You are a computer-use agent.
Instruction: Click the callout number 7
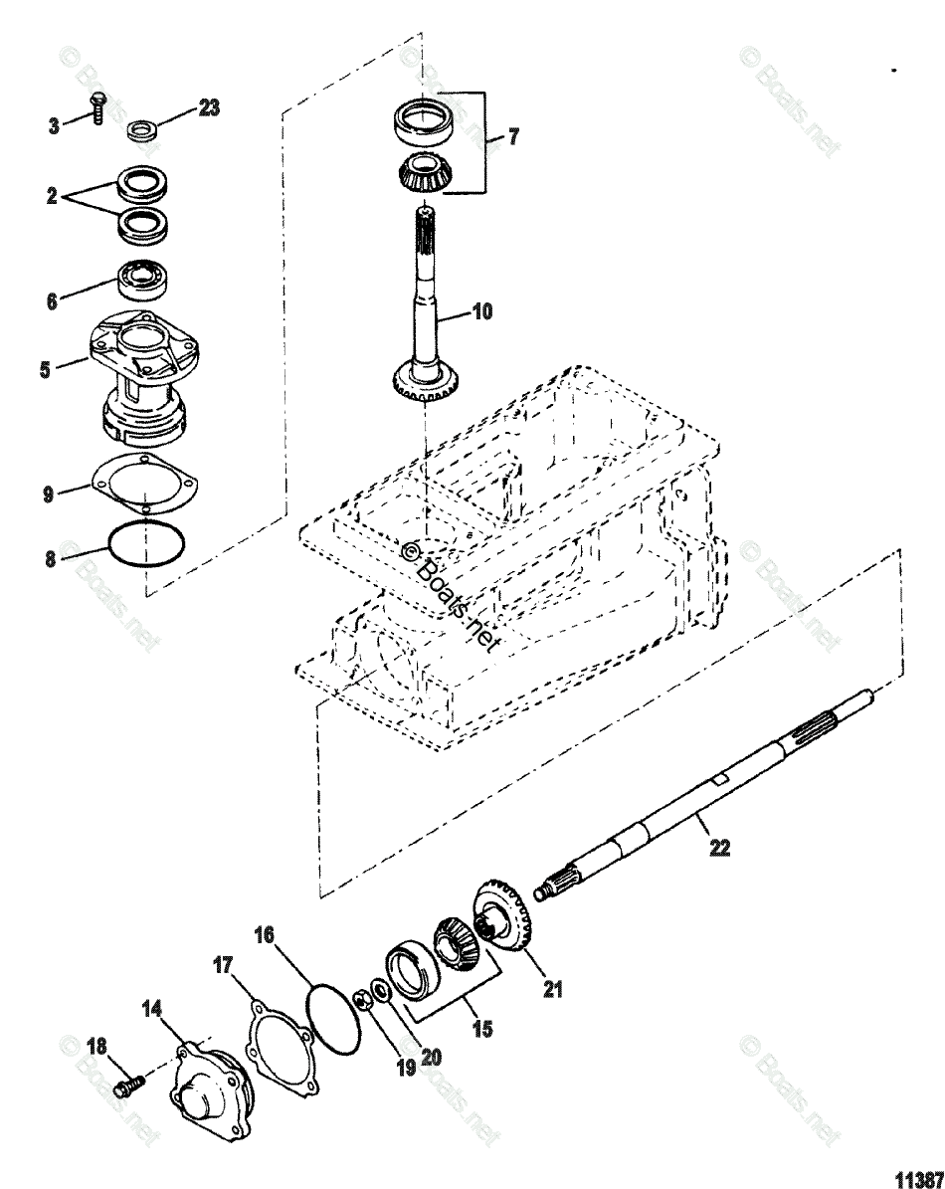(513, 138)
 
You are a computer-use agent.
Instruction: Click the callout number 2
(53, 198)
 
